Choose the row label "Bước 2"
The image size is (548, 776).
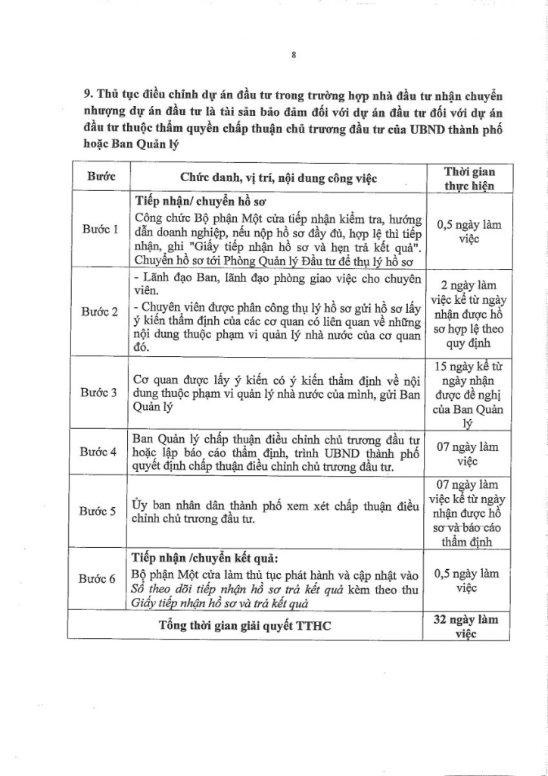(99, 311)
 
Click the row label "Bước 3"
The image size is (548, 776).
(99, 393)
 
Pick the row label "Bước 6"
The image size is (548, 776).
(99, 579)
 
